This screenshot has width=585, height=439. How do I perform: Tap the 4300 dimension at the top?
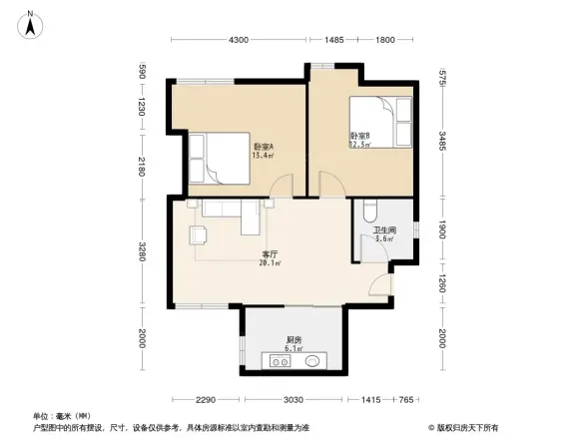[x=238, y=39]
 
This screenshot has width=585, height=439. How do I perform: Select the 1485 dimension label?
[x=333, y=39]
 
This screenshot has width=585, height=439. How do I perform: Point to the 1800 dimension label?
[x=383, y=39]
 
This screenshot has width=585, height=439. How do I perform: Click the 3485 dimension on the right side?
[x=442, y=141]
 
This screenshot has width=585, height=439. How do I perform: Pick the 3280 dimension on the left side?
[x=142, y=253]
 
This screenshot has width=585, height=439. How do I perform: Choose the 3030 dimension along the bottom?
[x=292, y=399]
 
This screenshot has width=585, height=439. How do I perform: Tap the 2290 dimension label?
[x=206, y=399]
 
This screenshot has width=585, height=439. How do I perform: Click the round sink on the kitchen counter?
[x=310, y=359]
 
